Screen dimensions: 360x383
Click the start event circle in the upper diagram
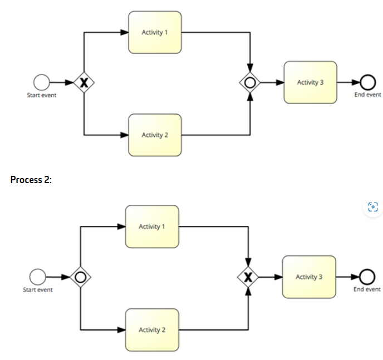click(42, 83)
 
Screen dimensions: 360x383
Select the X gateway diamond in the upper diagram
click(84, 83)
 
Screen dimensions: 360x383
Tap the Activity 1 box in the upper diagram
click(155, 32)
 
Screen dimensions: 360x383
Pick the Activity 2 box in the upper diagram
click(155, 135)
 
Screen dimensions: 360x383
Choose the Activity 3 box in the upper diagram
click(310, 82)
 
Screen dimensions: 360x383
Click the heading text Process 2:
click(31, 180)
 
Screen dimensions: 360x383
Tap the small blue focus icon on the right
click(373, 208)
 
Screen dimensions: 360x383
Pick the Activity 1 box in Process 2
click(152, 226)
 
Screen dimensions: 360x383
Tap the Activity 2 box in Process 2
click(152, 329)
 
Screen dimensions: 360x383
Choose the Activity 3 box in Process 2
click(309, 277)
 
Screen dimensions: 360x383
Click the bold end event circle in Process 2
click(366, 277)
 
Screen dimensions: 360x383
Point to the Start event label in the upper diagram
click(42, 95)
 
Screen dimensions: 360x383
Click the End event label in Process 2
click(367, 289)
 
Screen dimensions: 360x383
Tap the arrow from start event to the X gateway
click(61, 83)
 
